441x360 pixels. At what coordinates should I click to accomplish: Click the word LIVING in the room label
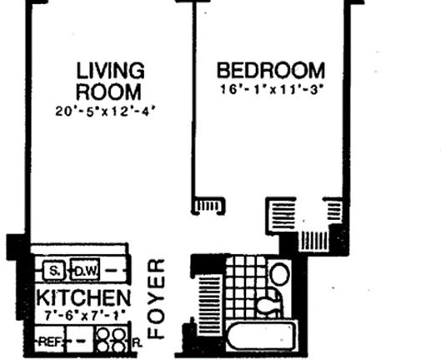click(110, 70)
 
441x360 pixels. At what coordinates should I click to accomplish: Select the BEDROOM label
click(270, 69)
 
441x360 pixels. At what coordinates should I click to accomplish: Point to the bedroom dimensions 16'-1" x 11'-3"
click(270, 89)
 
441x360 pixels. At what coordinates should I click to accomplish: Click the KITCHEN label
click(83, 298)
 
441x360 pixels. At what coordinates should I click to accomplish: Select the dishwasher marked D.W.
click(85, 272)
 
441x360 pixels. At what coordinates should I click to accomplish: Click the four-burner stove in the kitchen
click(111, 340)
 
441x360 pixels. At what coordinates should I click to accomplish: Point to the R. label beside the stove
click(136, 342)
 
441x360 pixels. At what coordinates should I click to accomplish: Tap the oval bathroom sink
click(279, 274)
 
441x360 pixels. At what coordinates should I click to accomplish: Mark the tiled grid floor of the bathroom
click(246, 287)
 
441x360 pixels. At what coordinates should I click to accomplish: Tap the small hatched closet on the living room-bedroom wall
click(208, 205)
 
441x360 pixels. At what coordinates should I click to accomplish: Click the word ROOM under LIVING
click(108, 90)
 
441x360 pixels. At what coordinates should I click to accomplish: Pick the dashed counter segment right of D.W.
click(116, 272)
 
